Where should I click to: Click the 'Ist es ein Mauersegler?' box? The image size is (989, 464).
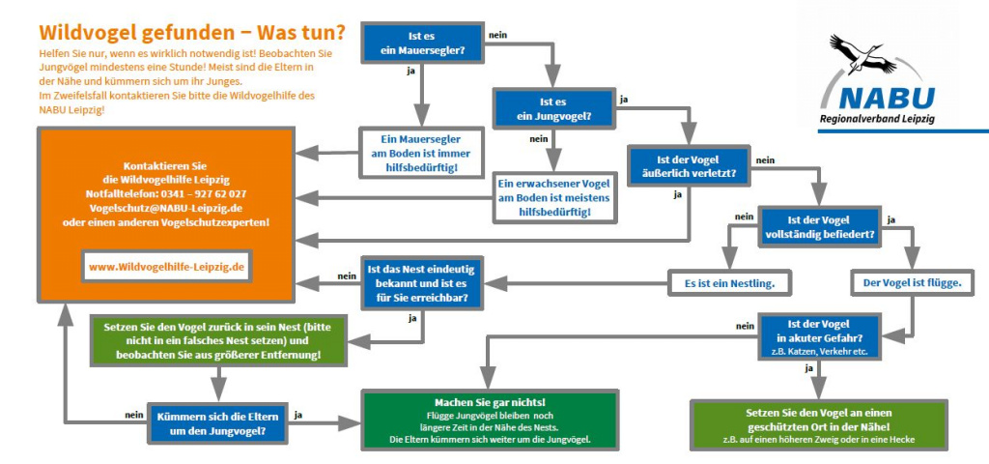[422, 43]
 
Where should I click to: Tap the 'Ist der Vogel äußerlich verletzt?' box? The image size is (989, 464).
[687, 166]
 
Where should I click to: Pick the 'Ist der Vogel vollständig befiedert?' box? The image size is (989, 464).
[818, 227]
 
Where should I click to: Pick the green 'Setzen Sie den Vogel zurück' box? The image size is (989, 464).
[217, 340]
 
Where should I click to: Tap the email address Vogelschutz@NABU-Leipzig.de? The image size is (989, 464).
[164, 208]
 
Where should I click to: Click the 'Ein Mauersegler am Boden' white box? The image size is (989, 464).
[422, 153]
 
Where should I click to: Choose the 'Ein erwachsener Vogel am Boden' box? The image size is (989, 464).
[553, 197]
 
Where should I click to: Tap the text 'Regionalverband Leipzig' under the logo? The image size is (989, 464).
[877, 119]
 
